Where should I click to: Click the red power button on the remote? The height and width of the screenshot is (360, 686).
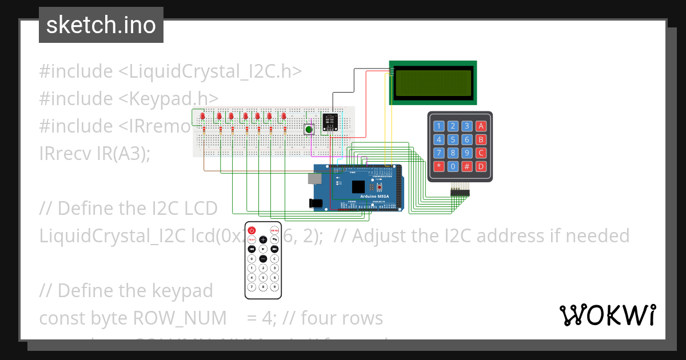[x=251, y=230]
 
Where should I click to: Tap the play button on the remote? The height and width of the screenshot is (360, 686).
[x=263, y=249]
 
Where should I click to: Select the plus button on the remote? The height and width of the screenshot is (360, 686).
[x=263, y=240]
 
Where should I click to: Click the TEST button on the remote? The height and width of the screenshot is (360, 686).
[x=251, y=240]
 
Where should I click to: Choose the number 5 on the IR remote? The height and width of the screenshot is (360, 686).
[x=263, y=277]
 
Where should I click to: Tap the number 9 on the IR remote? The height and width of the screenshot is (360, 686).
[x=274, y=286]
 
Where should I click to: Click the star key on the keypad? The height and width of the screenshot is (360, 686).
[x=439, y=166]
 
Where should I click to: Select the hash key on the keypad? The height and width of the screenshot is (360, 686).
[x=467, y=166]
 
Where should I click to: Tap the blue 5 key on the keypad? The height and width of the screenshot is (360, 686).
[x=453, y=139]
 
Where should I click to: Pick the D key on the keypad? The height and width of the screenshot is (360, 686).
[x=481, y=166]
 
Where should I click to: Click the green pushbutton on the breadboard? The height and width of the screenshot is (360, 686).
[x=309, y=130]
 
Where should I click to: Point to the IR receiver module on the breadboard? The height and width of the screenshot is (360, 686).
[x=329, y=121]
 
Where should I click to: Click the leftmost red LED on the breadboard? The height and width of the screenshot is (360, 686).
[x=203, y=117]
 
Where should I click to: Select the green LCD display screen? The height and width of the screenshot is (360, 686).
[x=433, y=82]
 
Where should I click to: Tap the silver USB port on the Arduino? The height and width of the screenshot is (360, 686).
[x=314, y=178]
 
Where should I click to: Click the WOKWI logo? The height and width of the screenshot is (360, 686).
[x=607, y=315]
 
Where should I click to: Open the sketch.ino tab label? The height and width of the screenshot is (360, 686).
[x=101, y=25]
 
